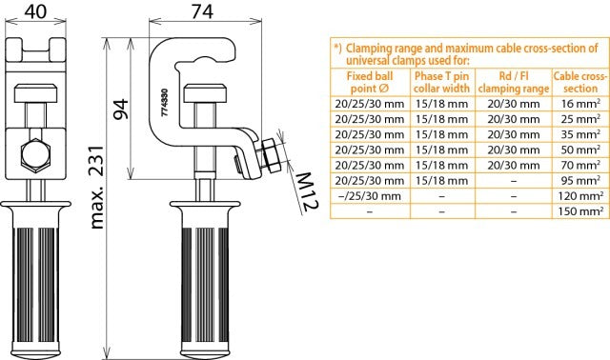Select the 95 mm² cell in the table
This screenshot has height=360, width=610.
[x=579, y=180]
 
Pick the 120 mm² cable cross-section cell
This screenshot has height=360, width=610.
[x=578, y=196]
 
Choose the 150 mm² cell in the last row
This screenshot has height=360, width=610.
[x=578, y=212]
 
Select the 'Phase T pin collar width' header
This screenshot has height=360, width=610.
[x=441, y=80]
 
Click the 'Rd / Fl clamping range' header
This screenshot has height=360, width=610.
[x=513, y=80]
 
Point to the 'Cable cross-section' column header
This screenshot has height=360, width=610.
[x=579, y=80]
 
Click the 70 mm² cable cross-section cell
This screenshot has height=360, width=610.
[x=579, y=164]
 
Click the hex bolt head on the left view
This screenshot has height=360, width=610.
[x=35, y=152]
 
